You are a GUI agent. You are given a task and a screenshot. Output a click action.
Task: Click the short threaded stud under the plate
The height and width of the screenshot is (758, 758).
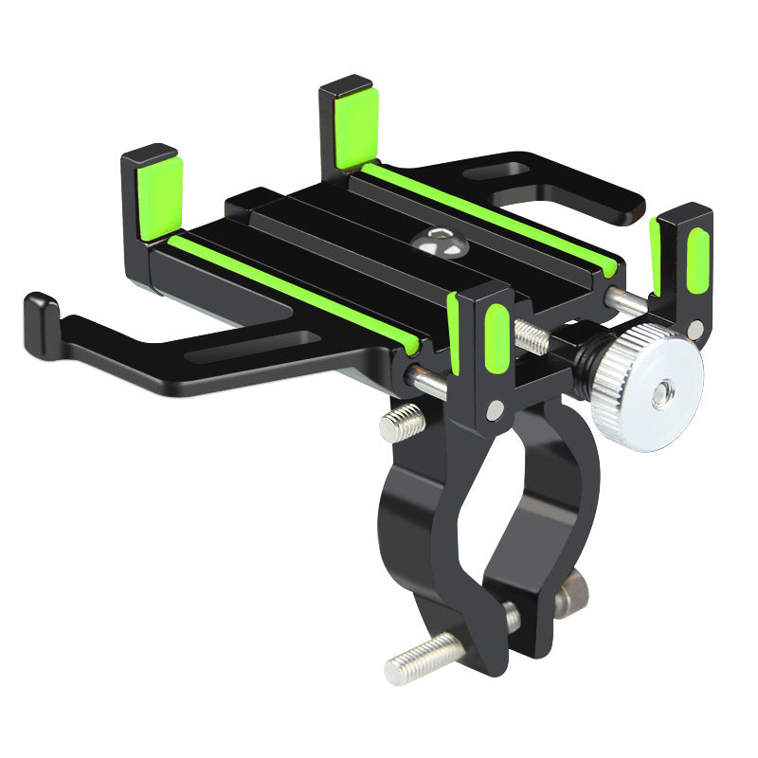[x=402, y=422]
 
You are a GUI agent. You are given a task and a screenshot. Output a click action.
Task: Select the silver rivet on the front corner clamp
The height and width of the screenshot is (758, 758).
[x=495, y=408]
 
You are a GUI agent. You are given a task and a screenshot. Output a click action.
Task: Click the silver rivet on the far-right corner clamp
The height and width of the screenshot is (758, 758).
[x=696, y=329]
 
